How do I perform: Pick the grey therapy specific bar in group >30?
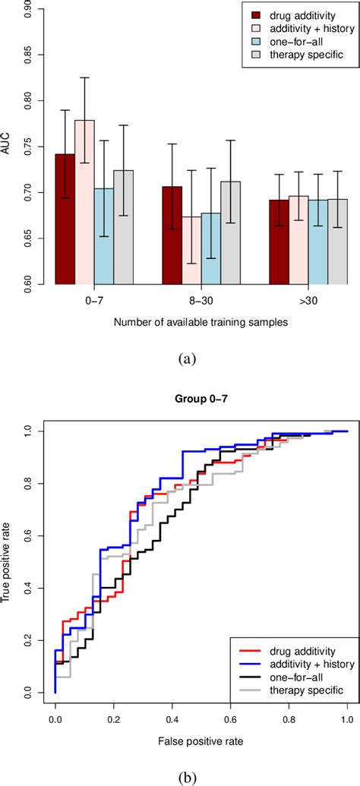(x=336, y=242)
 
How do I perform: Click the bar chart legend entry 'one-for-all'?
(x=292, y=43)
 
